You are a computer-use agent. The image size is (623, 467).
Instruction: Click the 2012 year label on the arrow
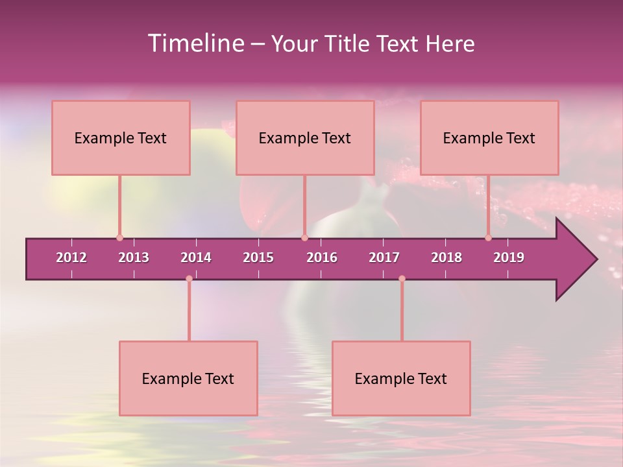point(71,257)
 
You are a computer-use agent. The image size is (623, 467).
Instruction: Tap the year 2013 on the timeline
point(134,257)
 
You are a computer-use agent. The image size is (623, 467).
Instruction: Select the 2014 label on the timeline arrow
point(196,257)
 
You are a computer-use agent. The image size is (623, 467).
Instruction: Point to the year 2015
point(258,257)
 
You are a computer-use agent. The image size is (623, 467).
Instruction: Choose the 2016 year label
point(322,257)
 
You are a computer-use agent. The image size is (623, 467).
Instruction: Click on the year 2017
point(384,257)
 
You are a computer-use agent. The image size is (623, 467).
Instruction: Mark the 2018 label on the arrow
point(446,257)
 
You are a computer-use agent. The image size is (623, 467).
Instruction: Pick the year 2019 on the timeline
point(509,257)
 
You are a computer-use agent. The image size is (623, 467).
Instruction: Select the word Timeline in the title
point(195,43)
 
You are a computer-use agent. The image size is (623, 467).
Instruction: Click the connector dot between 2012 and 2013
point(119,237)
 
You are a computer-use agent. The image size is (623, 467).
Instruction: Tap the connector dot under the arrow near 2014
point(189,278)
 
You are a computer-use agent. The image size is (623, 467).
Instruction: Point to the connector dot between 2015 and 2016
point(304,237)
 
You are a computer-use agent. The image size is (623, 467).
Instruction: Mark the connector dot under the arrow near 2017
point(402,278)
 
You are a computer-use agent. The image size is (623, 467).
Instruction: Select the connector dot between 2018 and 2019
point(488,237)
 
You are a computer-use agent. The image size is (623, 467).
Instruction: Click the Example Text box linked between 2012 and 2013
point(121,138)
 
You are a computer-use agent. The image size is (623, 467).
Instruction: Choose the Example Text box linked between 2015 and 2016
point(305,138)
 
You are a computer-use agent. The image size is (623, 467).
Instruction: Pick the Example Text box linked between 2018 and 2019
point(489,138)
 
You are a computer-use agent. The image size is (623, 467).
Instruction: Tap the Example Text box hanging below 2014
point(188,378)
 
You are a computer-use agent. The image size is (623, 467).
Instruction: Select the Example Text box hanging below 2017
point(401,378)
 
